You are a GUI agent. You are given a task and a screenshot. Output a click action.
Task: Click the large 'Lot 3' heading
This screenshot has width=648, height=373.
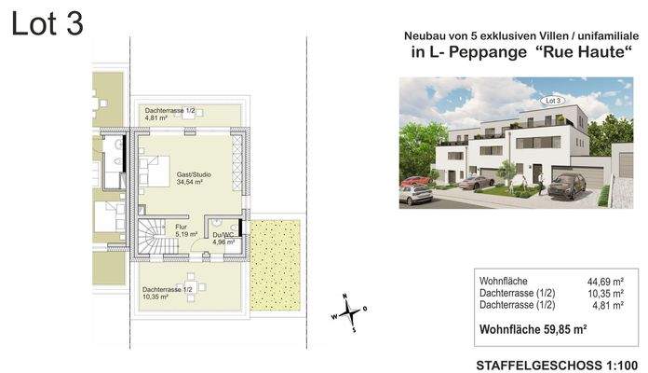(47, 25)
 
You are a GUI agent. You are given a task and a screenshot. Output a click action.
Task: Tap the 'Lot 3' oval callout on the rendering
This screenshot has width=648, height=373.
(552, 99)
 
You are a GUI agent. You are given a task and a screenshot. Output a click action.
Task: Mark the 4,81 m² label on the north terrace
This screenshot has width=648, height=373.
(155, 118)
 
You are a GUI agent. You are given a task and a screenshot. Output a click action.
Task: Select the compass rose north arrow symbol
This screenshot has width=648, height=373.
(353, 311)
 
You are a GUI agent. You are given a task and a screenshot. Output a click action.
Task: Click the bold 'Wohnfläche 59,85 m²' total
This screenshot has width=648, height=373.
(533, 328)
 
